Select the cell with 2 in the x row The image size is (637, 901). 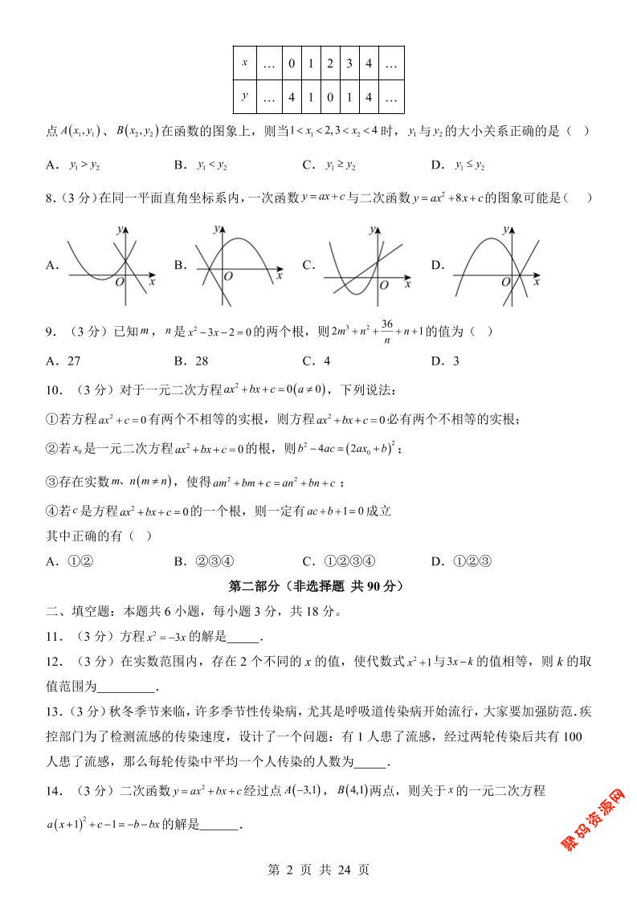coord(329,63)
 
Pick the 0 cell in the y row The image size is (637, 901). coord(329,98)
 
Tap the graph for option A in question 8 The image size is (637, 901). coord(111,264)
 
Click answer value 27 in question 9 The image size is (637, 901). coord(73,361)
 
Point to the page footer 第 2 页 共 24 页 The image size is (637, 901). coord(318,869)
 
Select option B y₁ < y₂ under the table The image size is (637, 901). coord(211,165)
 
